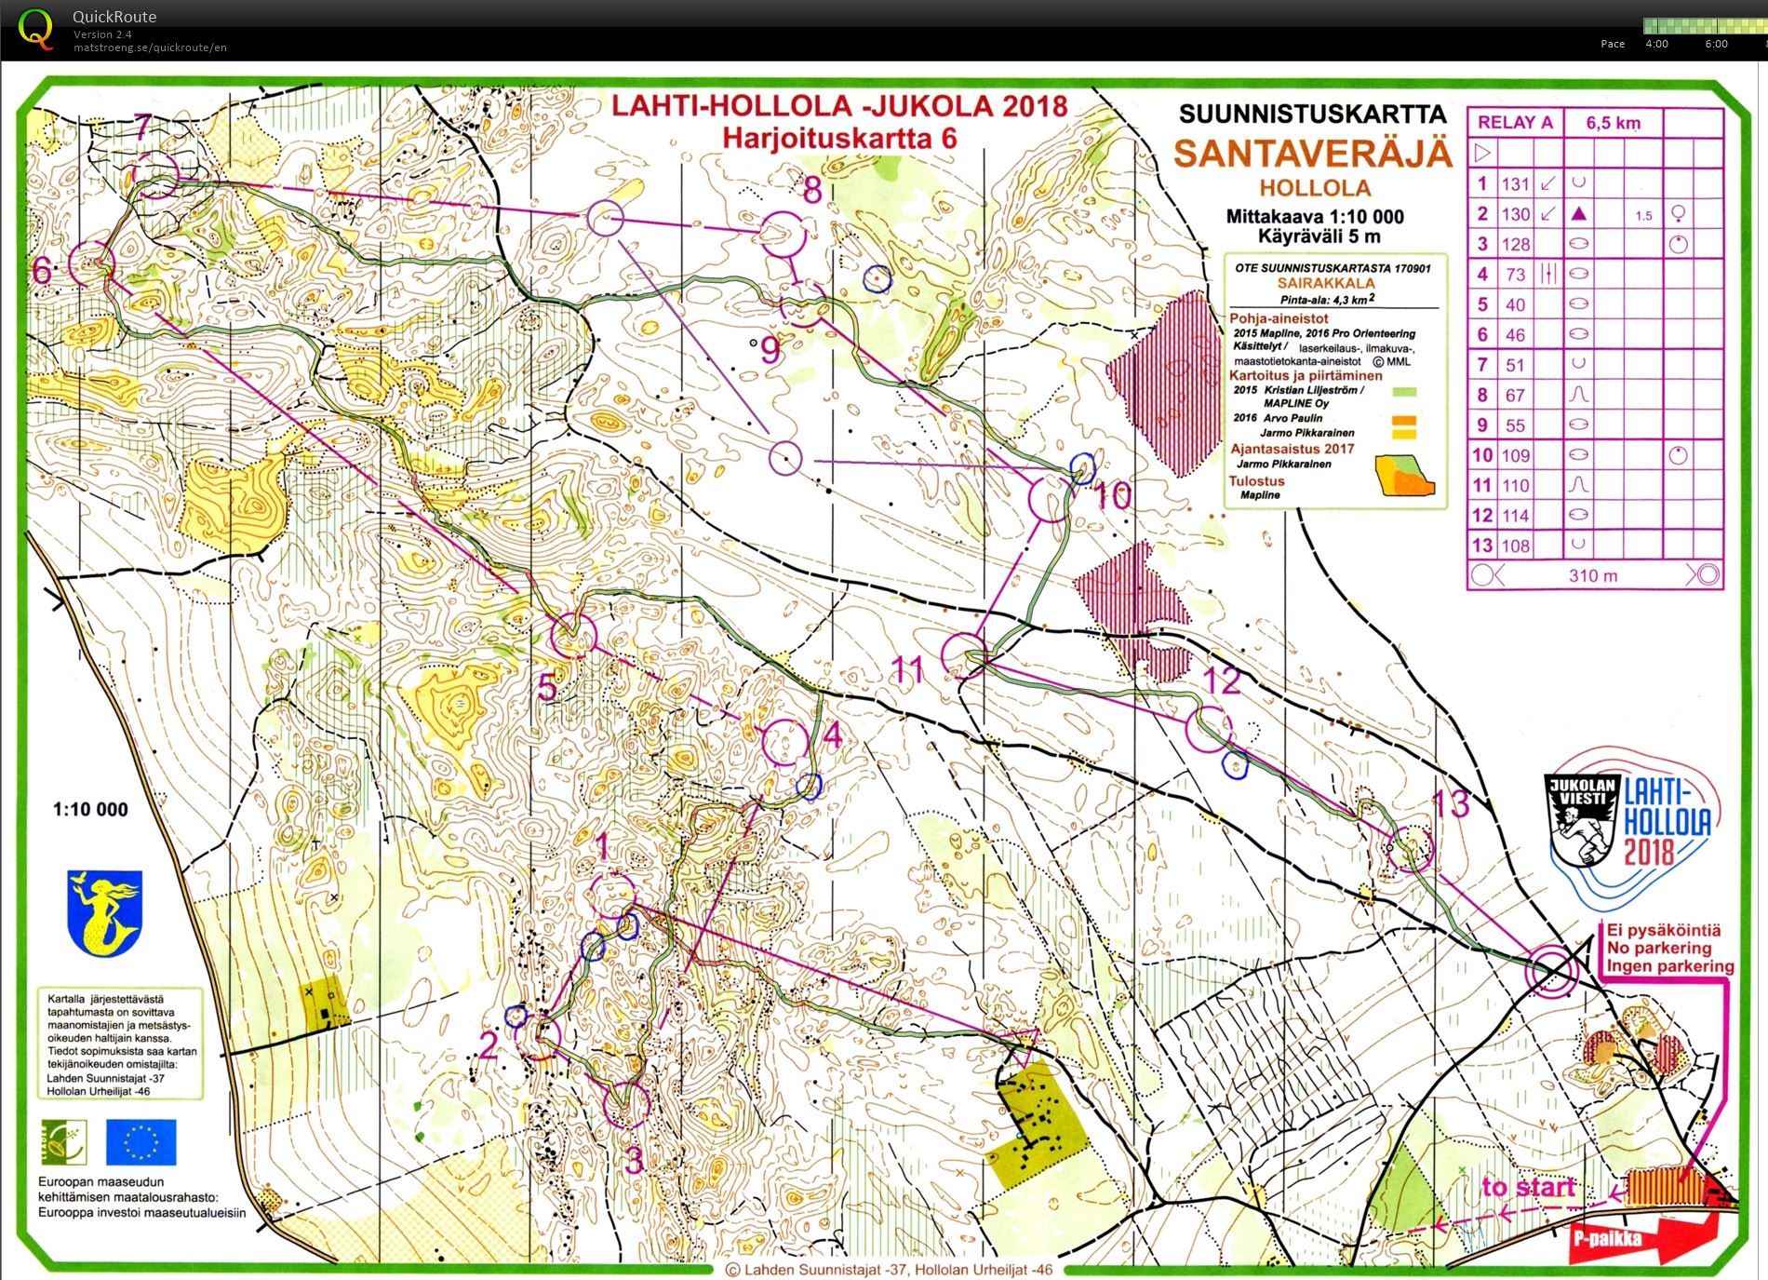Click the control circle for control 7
tap(155, 175)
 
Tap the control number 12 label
tap(1223, 681)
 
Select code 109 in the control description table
tap(1515, 455)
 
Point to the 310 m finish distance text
tap(1592, 575)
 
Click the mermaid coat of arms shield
tap(104, 911)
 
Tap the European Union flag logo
tap(141, 1141)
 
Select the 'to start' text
tap(1529, 1187)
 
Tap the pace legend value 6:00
tap(1716, 44)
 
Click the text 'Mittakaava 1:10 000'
tap(1314, 217)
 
